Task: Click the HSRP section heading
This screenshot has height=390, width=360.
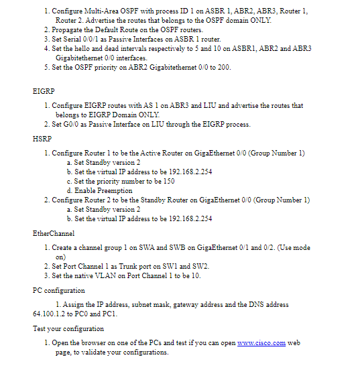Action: coord(42,139)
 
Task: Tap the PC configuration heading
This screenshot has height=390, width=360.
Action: coord(59,290)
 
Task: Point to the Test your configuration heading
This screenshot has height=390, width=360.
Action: coord(68,328)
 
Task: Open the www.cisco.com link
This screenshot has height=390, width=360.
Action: coord(261,343)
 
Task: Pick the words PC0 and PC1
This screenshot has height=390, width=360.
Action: coord(101,314)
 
